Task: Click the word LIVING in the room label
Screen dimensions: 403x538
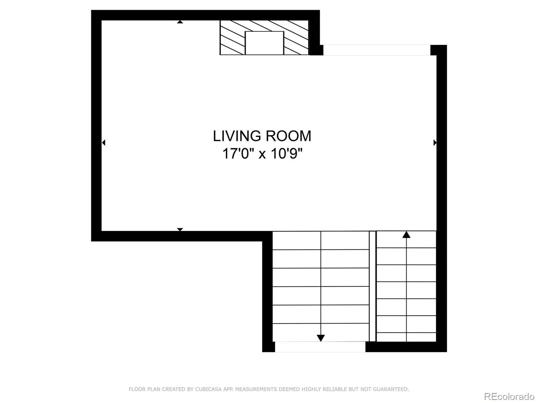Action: point(237,136)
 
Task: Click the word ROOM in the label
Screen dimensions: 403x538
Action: point(289,136)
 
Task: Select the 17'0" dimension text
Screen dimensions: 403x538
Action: point(237,154)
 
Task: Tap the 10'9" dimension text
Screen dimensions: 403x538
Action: point(287,154)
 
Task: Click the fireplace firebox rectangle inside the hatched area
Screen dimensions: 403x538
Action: point(264,43)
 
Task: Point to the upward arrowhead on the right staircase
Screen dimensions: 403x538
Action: point(406,235)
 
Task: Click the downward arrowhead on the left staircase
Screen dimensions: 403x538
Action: point(321,338)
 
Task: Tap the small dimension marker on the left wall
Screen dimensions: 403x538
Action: point(104,143)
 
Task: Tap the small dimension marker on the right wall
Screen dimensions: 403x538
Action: point(435,143)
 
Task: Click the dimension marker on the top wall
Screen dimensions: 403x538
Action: point(180,22)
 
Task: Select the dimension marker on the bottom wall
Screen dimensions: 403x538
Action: point(180,229)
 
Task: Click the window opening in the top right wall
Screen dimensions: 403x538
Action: point(377,50)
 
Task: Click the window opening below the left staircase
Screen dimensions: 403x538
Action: point(320,347)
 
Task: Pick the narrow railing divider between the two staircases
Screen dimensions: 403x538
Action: point(373,286)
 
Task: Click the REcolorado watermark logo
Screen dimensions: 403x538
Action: point(509,397)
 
